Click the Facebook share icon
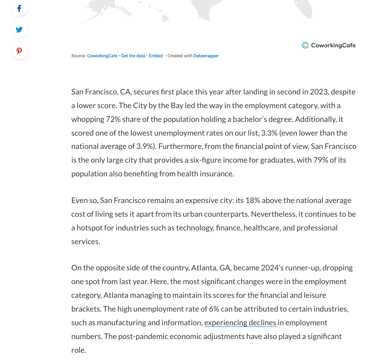[19, 8]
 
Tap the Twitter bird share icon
[19, 29]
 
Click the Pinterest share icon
[19, 51]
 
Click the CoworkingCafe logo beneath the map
[329, 45]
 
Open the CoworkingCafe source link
[102, 56]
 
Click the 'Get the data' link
[133, 56]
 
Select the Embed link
[155, 56]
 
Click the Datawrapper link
[206, 56]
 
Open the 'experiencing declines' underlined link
[240, 322]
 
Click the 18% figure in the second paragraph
[251, 200]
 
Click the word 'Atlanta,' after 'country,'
[204, 268]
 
